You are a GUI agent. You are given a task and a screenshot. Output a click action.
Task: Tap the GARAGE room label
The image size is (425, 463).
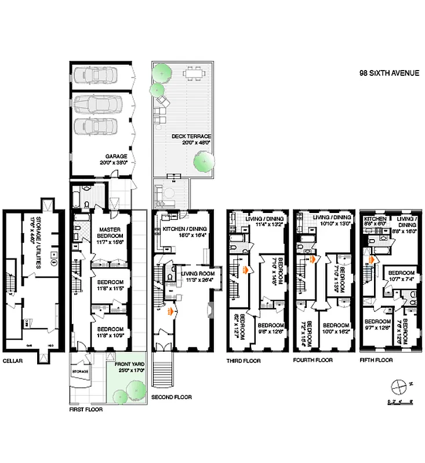point(116,156)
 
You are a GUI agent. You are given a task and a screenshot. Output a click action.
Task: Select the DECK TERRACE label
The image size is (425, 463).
point(191,136)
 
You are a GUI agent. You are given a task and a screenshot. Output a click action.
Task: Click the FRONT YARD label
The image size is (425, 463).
point(129,365)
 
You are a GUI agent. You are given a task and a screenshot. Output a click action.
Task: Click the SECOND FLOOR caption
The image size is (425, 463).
point(171,397)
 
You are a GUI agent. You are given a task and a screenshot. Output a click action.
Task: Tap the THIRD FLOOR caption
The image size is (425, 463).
point(243,361)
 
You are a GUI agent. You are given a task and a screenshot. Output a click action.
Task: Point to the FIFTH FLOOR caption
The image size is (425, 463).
point(376,360)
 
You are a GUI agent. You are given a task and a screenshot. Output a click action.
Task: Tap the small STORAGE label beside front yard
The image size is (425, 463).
point(80,372)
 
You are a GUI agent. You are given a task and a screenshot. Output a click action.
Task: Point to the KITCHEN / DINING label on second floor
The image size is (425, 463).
point(185,230)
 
